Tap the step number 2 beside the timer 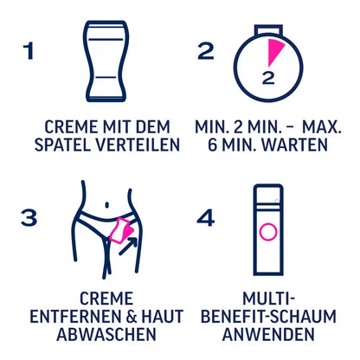[x=205, y=51]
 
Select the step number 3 [x=29, y=217]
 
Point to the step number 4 [x=205, y=217]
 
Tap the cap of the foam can [x=267, y=194]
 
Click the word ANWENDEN [x=267, y=333]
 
